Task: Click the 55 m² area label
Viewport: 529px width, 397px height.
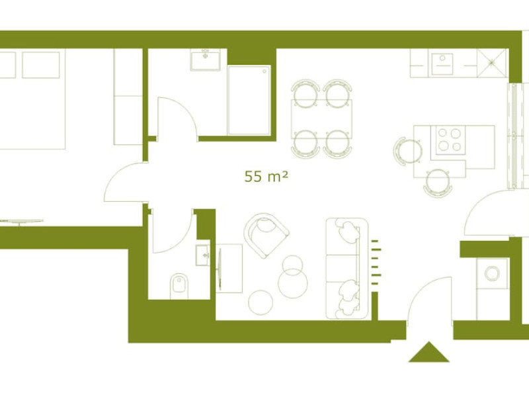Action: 266,176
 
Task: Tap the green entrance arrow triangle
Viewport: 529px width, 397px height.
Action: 428,352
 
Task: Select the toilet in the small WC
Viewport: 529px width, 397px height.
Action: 179,287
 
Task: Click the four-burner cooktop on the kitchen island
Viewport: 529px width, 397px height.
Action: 450,140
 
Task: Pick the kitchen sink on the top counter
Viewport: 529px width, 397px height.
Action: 442,64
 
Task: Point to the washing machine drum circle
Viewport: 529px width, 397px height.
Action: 492,273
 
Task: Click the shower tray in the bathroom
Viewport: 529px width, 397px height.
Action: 249,101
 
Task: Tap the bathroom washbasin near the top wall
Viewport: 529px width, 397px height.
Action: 205,60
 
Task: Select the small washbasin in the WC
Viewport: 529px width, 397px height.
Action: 202,255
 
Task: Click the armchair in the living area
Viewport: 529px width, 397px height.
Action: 266,236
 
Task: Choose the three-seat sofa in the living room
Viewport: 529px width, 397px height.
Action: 346,269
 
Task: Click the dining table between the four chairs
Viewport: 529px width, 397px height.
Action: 321,119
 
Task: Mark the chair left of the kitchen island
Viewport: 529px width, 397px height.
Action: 407,152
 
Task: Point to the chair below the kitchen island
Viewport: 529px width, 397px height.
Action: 438,183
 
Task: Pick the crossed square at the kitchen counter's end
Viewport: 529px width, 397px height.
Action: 492,62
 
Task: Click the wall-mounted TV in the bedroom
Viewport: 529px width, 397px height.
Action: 21,222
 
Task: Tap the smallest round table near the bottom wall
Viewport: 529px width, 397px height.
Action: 261,302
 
